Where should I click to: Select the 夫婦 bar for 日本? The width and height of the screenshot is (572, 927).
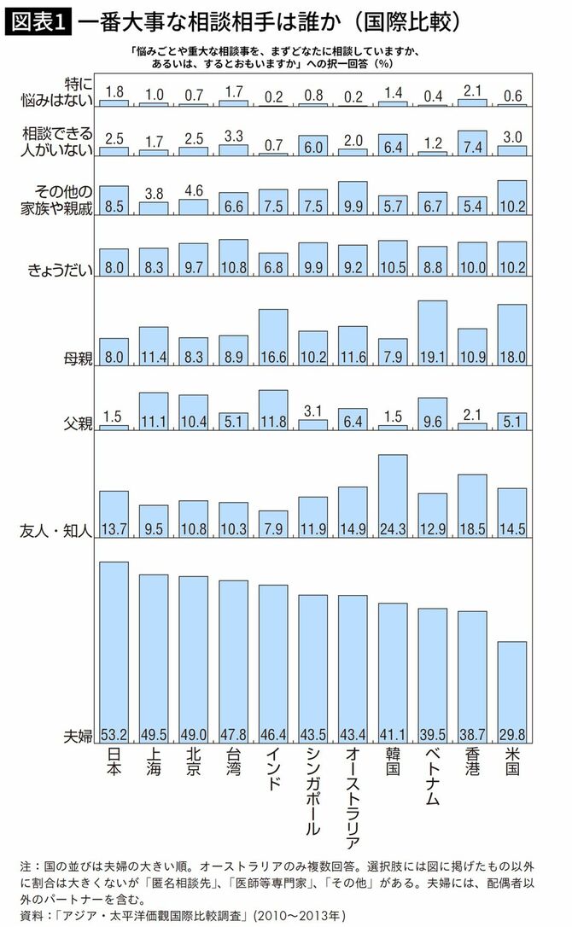[x=114, y=649]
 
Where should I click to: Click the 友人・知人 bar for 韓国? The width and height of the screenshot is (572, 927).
[x=392, y=495]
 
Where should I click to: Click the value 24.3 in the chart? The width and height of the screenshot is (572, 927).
[x=392, y=529]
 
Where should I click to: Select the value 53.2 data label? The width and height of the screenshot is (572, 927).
[x=114, y=736]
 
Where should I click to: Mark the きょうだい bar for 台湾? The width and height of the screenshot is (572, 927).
[x=233, y=254]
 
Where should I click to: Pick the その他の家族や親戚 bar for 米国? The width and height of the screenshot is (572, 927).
[x=511, y=195]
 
